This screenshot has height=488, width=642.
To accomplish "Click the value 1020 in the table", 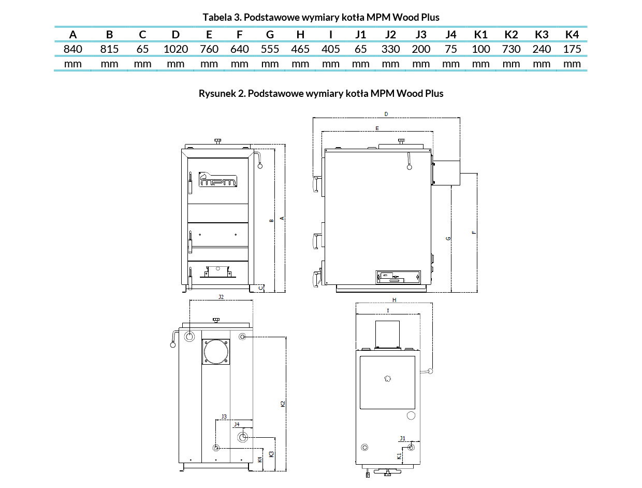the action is click(x=176, y=49).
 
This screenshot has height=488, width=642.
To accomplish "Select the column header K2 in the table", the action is click(x=511, y=35).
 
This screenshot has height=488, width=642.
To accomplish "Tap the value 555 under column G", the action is click(x=270, y=49).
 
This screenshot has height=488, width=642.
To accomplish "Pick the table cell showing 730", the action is click(x=511, y=49).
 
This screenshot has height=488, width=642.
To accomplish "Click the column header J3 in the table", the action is click(x=421, y=35).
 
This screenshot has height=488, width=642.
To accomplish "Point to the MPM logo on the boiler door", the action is click(x=217, y=179).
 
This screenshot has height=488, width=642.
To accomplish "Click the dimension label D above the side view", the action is click(x=386, y=114).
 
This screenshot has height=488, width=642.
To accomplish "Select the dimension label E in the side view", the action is click(x=377, y=128).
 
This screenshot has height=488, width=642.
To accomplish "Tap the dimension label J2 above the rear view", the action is click(x=221, y=297).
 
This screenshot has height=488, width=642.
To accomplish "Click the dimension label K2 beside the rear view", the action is click(x=283, y=404).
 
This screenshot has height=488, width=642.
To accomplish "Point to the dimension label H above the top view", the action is click(x=395, y=300).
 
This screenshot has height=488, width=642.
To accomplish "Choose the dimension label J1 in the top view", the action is click(x=402, y=438).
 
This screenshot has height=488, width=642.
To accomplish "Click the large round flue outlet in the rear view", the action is click(x=216, y=352).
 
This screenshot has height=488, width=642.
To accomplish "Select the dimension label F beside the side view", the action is click(x=474, y=233).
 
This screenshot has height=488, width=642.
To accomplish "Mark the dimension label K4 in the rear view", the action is click(x=260, y=460).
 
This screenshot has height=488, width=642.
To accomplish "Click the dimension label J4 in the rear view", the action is click(x=237, y=424).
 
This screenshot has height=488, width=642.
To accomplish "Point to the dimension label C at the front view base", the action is click(x=261, y=288).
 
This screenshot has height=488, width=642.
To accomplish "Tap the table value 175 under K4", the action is click(x=572, y=49).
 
